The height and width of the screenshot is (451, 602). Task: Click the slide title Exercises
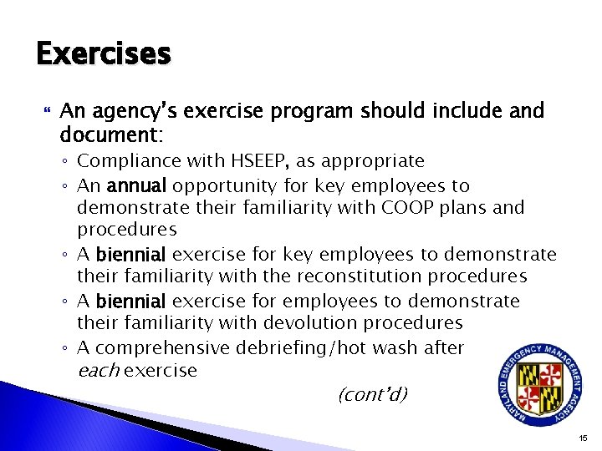104,54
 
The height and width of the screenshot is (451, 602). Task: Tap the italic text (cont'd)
373,393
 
